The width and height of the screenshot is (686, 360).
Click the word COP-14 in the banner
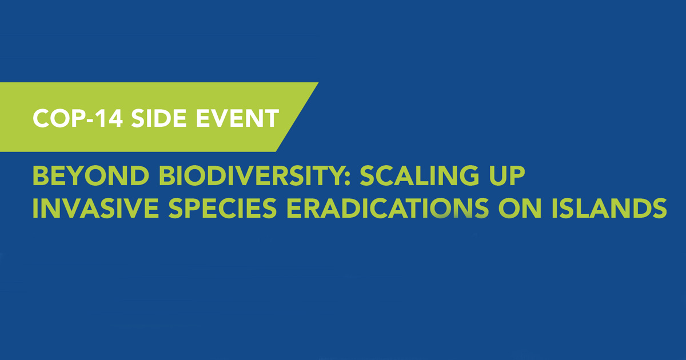click(78, 118)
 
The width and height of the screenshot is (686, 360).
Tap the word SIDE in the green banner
click(159, 118)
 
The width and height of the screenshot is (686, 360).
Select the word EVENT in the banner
click(237, 118)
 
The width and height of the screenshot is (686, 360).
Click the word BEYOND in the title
click(91, 175)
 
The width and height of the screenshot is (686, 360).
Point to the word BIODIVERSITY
click(250, 175)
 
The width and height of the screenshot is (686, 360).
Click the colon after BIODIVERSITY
click(346, 178)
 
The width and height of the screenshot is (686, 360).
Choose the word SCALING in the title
click(419, 175)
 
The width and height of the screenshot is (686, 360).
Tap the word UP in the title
click(507, 175)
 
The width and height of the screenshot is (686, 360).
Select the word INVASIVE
click(95, 208)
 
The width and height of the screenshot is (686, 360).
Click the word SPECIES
click(222, 208)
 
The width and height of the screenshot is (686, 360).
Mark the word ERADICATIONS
click(388, 208)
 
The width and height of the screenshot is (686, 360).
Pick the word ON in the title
click(520, 208)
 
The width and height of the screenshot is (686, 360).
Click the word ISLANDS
click(609, 208)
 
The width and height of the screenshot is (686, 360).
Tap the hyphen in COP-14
click(92, 120)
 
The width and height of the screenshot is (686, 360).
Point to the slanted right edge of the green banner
click(297, 117)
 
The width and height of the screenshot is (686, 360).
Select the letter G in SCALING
click(468, 175)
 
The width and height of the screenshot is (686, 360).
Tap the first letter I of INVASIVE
click(35, 208)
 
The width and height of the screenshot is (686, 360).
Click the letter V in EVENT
click(221, 118)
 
